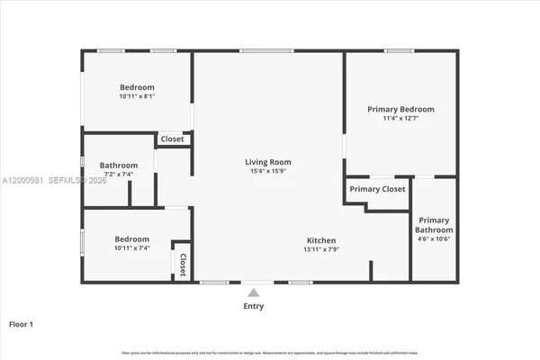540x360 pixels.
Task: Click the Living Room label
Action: click(268, 162)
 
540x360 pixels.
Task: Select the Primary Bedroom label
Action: click(400, 109)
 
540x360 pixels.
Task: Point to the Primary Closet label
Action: click(377, 189)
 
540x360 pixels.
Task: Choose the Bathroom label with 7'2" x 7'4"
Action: click(119, 166)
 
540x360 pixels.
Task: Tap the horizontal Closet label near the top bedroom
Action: click(172, 139)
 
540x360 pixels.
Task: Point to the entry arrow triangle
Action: click(254, 292)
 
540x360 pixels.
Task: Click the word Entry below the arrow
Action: click(254, 307)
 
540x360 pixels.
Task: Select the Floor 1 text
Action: click(20, 323)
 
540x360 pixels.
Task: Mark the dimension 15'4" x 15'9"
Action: click(268, 172)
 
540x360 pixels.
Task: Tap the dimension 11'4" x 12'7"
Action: click(400, 118)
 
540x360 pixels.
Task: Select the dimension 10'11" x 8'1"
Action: click(137, 95)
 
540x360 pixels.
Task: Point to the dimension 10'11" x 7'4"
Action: click(130, 247)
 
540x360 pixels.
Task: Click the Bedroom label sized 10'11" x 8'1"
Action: click(137, 86)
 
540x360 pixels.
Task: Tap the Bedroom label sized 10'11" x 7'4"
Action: click(130, 238)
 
